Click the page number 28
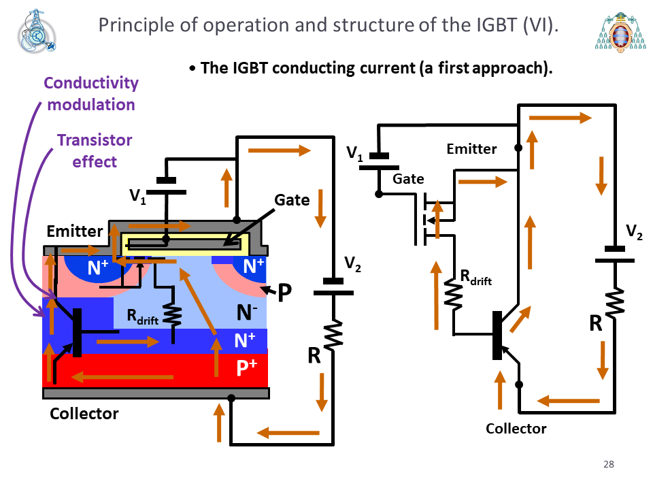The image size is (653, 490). pyautogui.click(x=608, y=464)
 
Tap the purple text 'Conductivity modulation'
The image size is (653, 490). pyautogui.click(x=91, y=94)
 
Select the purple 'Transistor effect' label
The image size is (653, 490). pyautogui.click(x=95, y=151)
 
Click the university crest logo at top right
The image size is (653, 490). pyautogui.click(x=620, y=32)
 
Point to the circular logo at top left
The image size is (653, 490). pyautogui.click(x=36, y=32)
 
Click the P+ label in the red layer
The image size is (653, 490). pyautogui.click(x=246, y=367)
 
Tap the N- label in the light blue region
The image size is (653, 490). pyautogui.click(x=247, y=312)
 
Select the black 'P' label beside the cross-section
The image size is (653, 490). pyautogui.click(x=284, y=292)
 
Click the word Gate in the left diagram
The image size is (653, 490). pyautogui.click(x=292, y=200)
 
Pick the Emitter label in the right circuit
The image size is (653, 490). pyautogui.click(x=471, y=149)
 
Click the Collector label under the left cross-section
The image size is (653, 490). pyautogui.click(x=84, y=413)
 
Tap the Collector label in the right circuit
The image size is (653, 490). pyautogui.click(x=516, y=428)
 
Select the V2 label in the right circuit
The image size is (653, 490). pyautogui.click(x=634, y=231)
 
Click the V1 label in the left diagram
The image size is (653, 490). pyautogui.click(x=137, y=196)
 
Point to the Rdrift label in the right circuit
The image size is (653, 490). pyautogui.click(x=475, y=277)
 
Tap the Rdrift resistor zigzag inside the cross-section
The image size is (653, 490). pyautogui.click(x=173, y=314)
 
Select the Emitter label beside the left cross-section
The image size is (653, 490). pyautogui.click(x=75, y=231)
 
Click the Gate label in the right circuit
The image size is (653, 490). pyautogui.click(x=408, y=179)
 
